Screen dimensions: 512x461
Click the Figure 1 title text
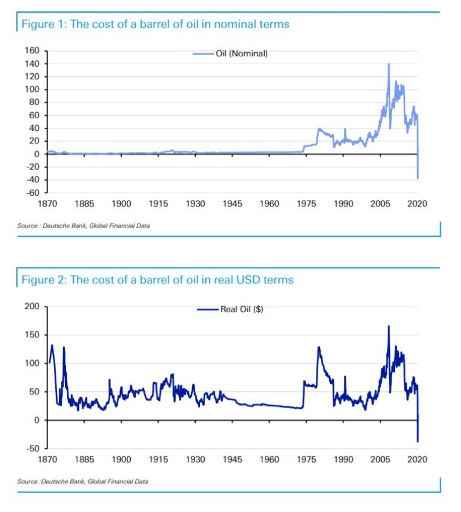pyautogui.click(x=155, y=25)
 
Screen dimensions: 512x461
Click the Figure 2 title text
pyautogui.click(x=157, y=280)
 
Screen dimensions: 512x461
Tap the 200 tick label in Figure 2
pyautogui.click(x=33, y=307)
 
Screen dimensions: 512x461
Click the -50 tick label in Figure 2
pyautogui.click(x=33, y=448)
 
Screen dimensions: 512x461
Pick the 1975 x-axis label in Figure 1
pyautogui.click(x=307, y=204)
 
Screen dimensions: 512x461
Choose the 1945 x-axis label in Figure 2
pyautogui.click(x=232, y=459)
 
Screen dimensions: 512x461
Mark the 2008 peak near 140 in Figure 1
pyautogui.click(x=388, y=64)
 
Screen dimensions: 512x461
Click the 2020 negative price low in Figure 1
pyautogui.click(x=418, y=178)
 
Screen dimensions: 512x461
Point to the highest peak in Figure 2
pyautogui.click(x=388, y=327)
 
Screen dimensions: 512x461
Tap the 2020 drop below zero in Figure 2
pyautogui.click(x=418, y=441)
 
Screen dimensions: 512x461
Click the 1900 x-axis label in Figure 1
pyautogui.click(x=121, y=204)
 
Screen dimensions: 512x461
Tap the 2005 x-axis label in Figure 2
pyautogui.click(x=381, y=459)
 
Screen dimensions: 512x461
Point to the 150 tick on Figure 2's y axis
pyautogui.click(x=33, y=335)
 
